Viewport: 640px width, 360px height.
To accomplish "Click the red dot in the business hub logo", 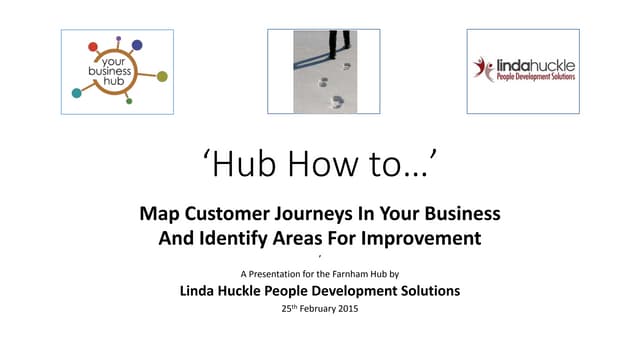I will [93, 47].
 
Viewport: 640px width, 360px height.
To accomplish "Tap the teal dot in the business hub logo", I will [77, 93].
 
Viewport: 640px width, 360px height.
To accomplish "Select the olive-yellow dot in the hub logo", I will [162, 76].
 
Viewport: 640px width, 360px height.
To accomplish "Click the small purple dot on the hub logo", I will [119, 39].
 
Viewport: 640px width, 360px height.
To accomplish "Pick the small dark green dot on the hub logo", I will [129, 101].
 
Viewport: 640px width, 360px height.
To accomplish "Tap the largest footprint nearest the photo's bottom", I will [337, 101].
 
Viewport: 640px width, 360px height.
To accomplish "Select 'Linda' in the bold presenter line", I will [201, 291].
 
